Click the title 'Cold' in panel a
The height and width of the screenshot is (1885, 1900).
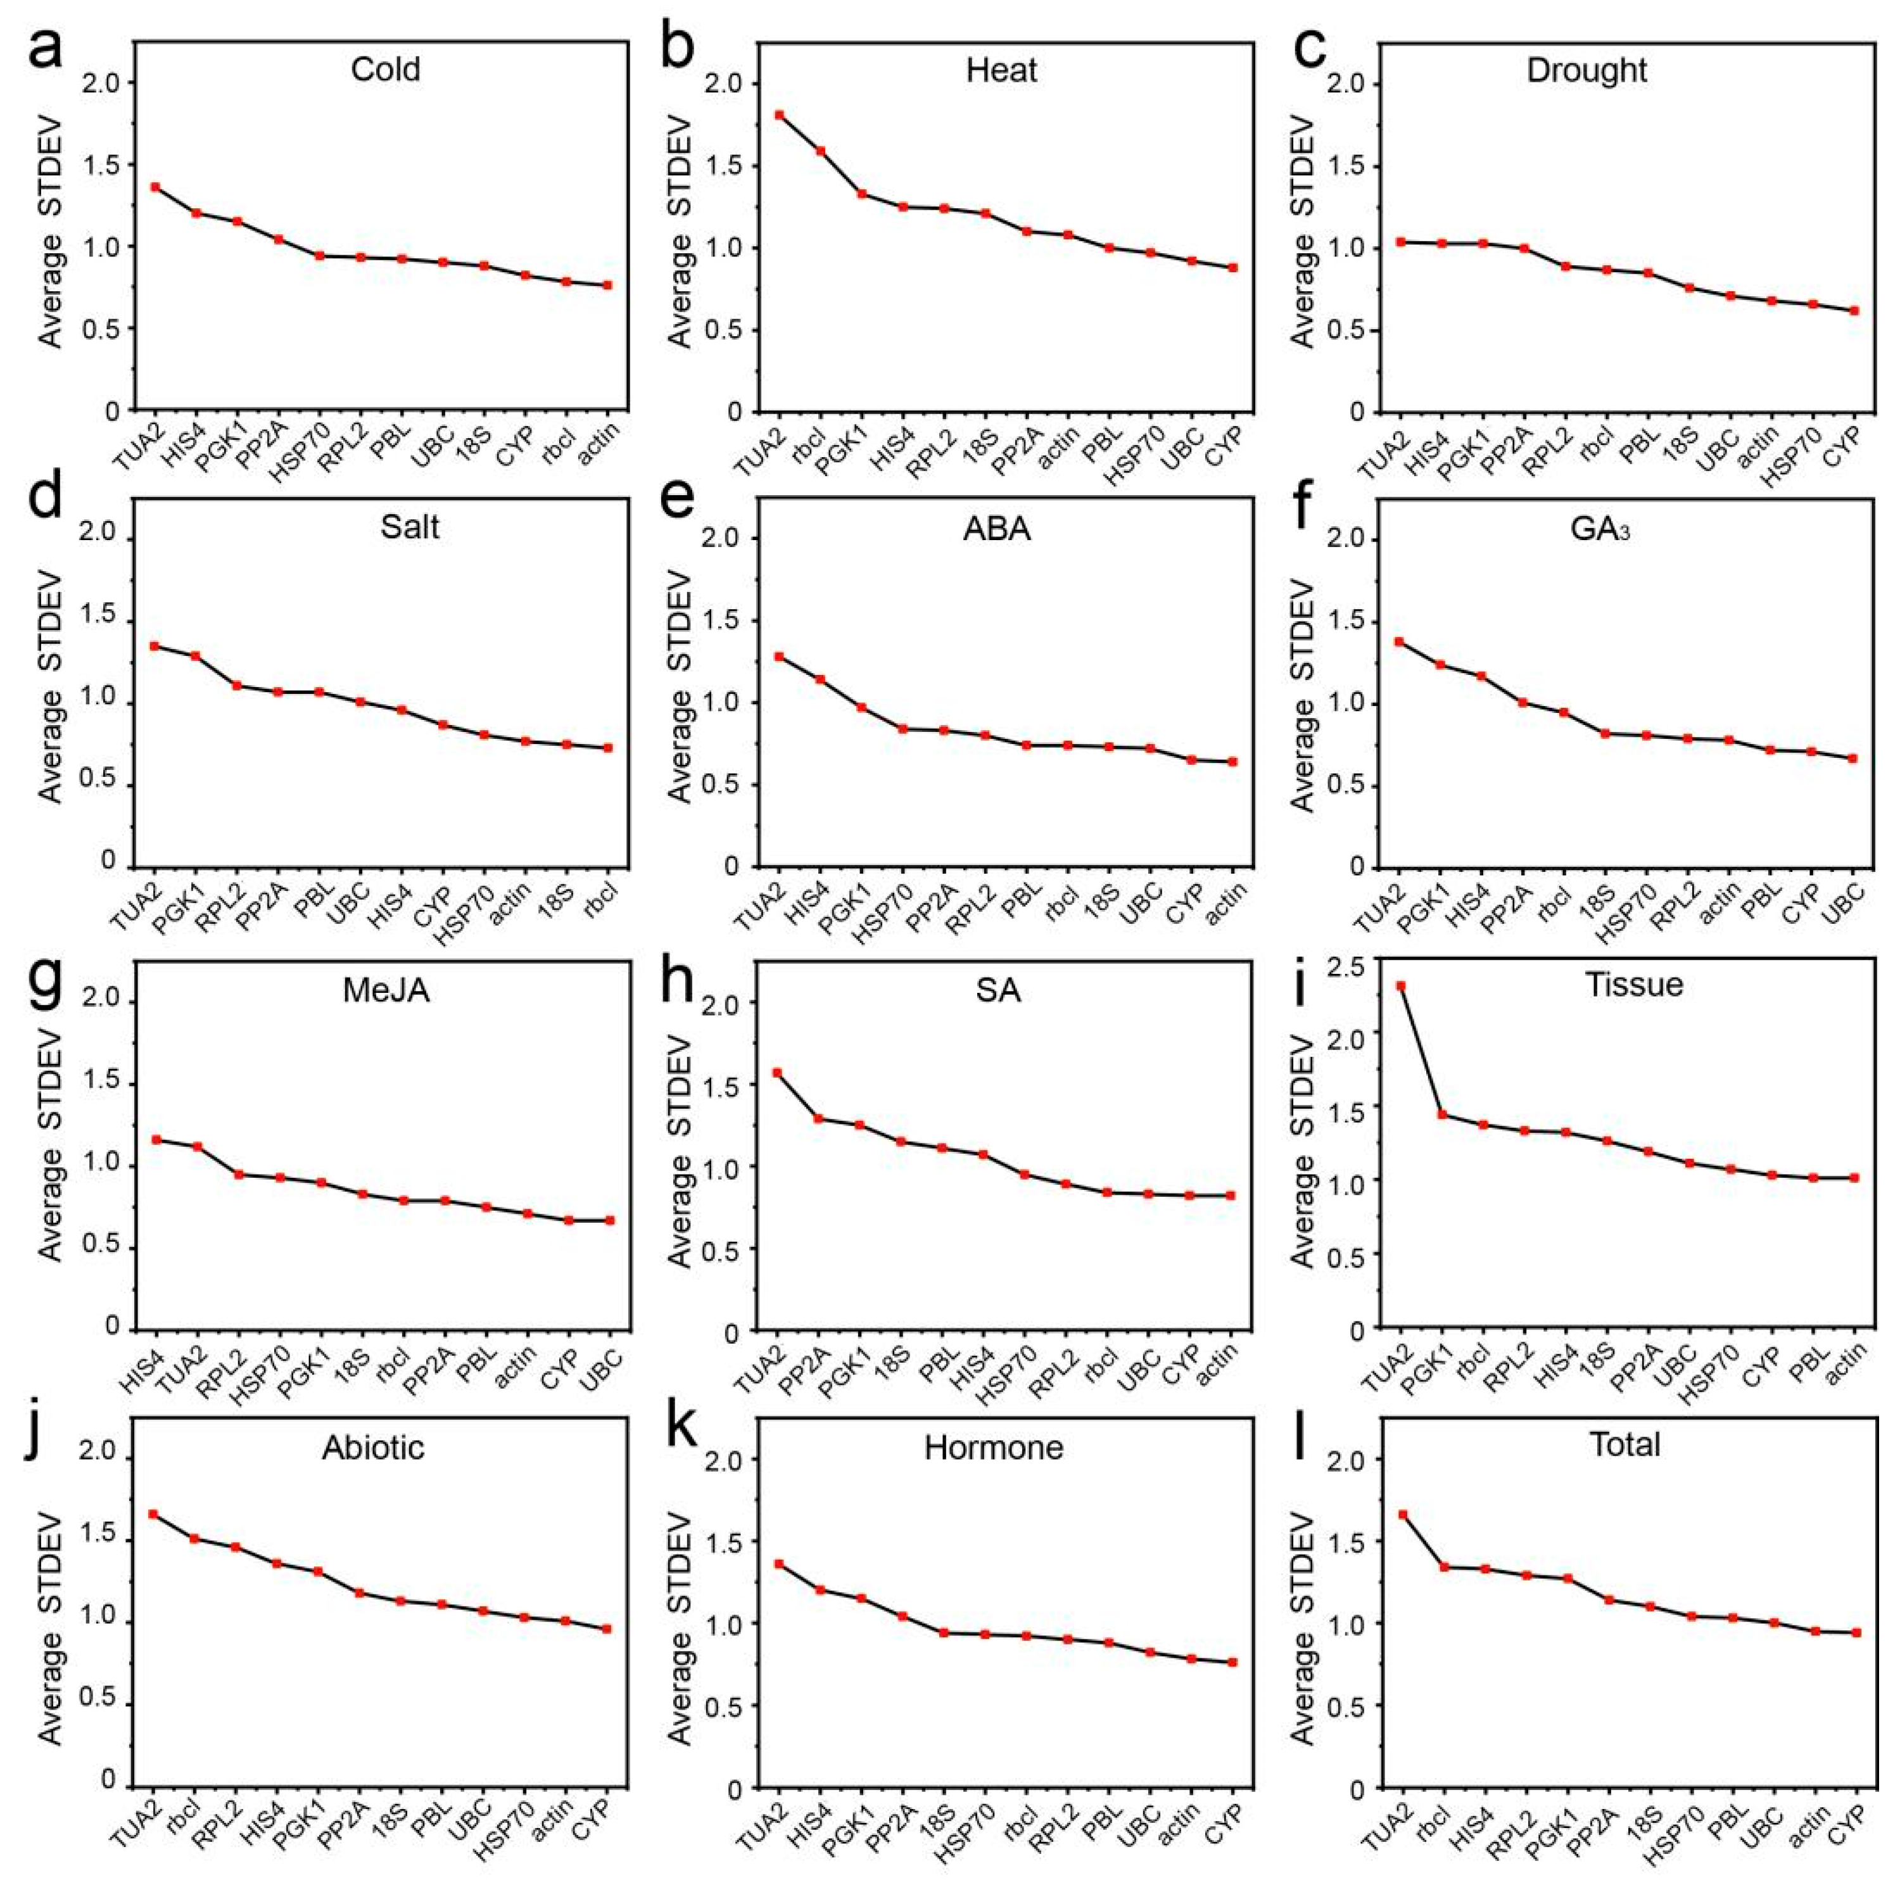(x=386, y=69)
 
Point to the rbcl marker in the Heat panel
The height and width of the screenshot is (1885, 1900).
(x=820, y=151)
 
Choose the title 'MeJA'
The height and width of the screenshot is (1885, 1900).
(x=386, y=989)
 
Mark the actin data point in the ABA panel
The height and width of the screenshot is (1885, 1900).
(x=1232, y=761)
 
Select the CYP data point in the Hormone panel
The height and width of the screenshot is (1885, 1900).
(x=1232, y=1661)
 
